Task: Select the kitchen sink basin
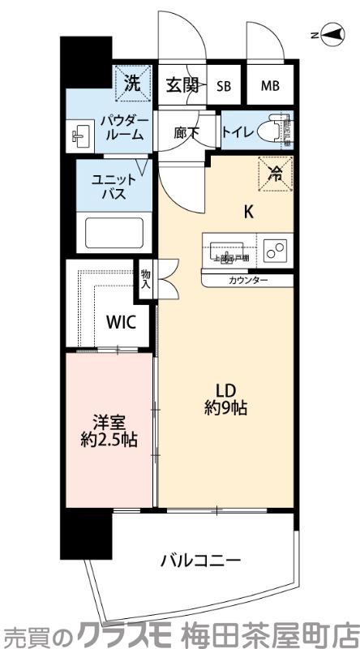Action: [x=229, y=250]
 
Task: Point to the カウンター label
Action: [x=247, y=281]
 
